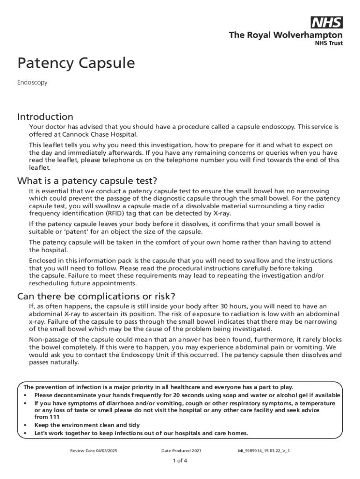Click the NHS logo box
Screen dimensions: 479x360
tap(326, 22)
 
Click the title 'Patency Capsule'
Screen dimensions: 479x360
tap(76, 63)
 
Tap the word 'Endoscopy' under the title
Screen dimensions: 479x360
tap(32, 83)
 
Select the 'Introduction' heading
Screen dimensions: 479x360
tap(45, 116)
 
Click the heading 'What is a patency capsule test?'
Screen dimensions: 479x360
tap(87, 181)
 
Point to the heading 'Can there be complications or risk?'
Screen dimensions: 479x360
tap(96, 296)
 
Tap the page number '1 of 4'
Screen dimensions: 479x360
tap(180, 460)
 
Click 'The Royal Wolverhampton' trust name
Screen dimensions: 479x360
tap(285, 35)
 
